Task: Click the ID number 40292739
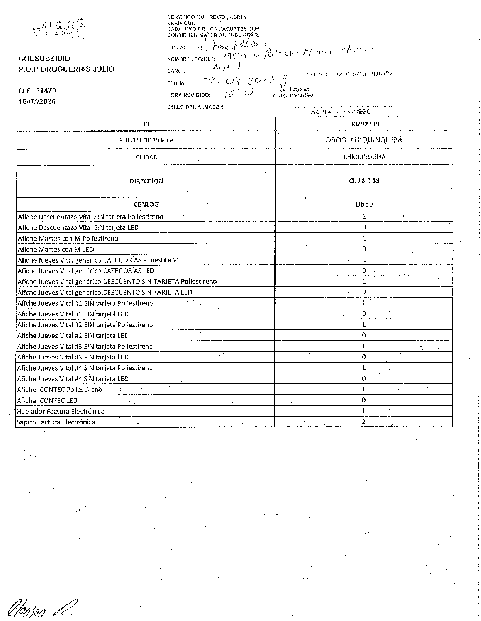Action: [x=363, y=124]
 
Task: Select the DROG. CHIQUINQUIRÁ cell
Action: [x=363, y=140]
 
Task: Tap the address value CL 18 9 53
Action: [x=363, y=181]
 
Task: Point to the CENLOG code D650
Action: [x=363, y=204]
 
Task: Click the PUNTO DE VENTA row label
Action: [x=146, y=140]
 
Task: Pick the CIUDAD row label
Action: [x=146, y=157]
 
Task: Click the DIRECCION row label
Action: [x=146, y=181]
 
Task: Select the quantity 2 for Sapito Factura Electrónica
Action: [x=363, y=422]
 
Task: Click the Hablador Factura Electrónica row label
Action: [x=61, y=411]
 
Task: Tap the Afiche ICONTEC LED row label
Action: [x=48, y=400]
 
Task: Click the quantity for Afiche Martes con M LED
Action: [x=363, y=249]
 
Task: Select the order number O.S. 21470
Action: [x=37, y=91]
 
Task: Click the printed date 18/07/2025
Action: [x=37, y=101]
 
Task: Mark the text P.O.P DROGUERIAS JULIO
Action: [x=66, y=69]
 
